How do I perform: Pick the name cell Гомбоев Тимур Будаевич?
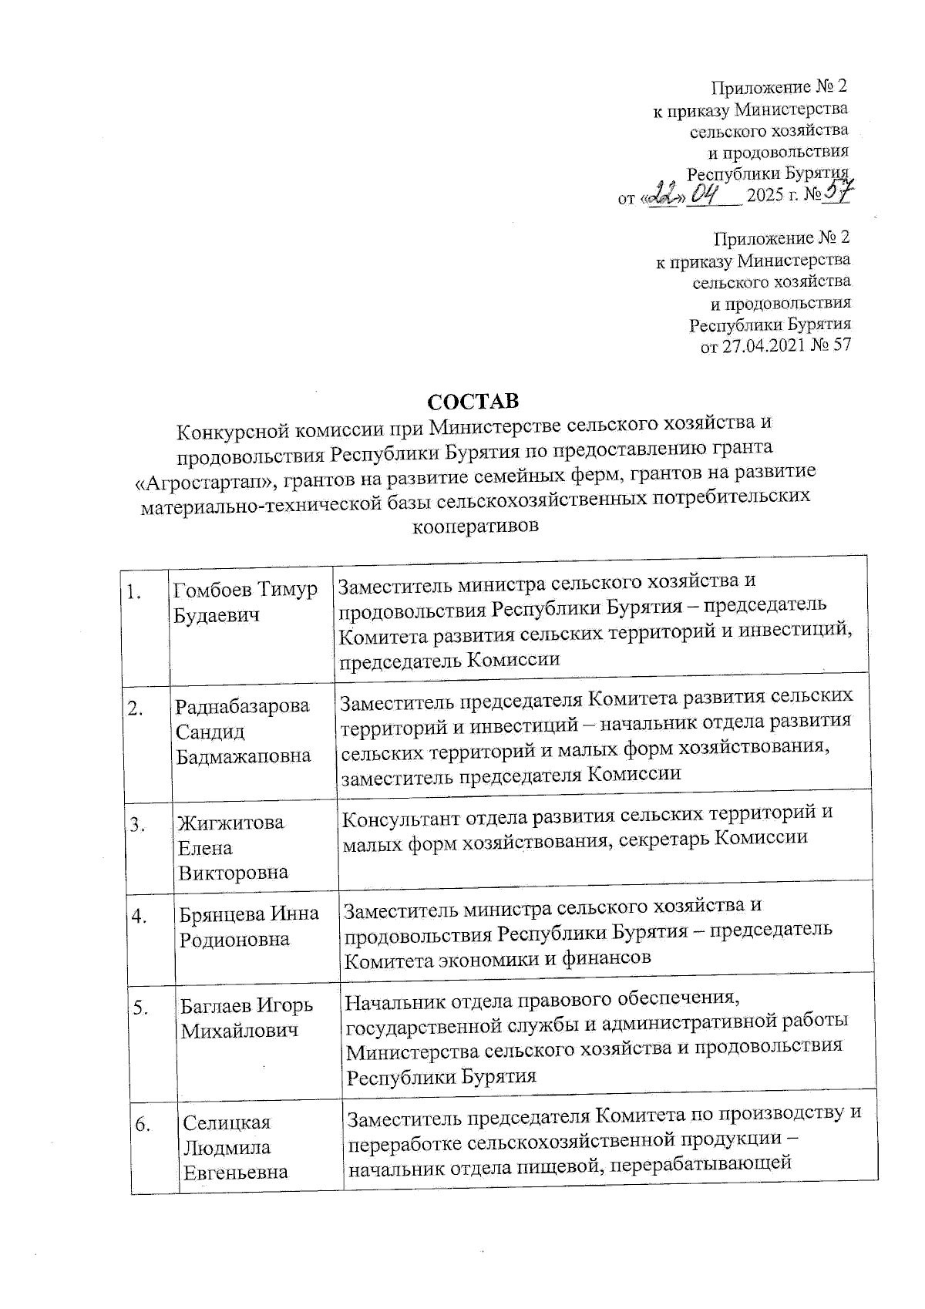[245, 602]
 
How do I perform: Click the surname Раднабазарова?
[243, 705]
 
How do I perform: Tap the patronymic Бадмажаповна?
[244, 756]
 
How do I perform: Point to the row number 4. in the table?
[140, 917]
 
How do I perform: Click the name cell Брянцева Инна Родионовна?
[249, 926]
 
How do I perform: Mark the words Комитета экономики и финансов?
[497, 958]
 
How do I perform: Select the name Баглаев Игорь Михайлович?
[247, 1018]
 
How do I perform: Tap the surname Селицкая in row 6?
[227, 1122]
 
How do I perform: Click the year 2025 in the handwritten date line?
[764, 195]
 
